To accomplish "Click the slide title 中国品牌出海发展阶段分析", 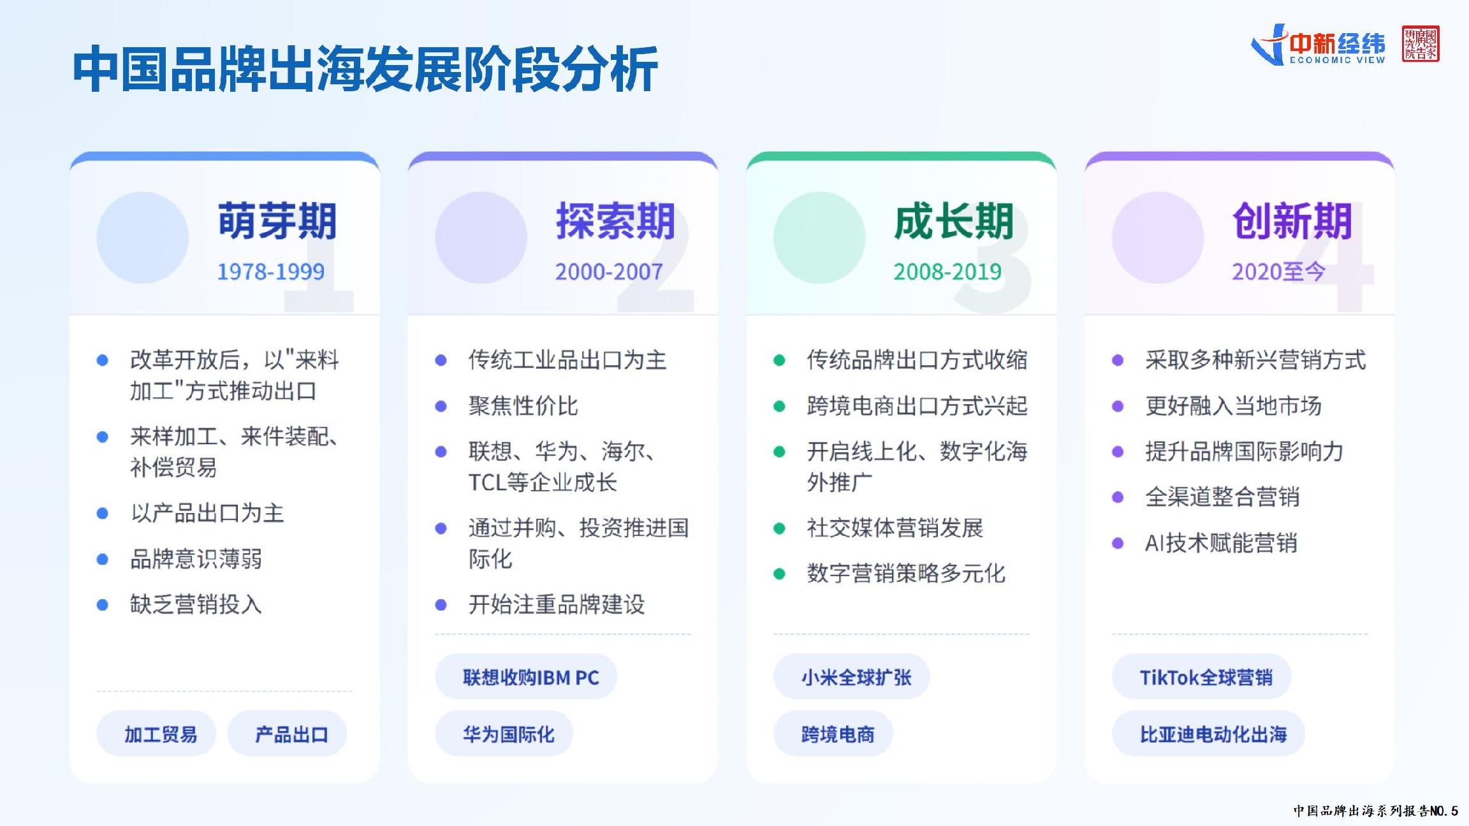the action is point(365,69).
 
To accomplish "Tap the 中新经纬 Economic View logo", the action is point(1318,45).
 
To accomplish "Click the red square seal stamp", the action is point(1421,44).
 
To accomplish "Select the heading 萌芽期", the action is point(277,221).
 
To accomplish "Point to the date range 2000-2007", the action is point(609,272).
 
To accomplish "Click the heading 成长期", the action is point(954,221).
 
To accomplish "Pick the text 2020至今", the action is point(1278,272).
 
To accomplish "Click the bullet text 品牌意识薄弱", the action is point(196,559).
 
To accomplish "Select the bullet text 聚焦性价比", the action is point(523,406).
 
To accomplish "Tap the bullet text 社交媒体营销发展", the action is point(895,528).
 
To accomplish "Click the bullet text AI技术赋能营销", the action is point(1221,543).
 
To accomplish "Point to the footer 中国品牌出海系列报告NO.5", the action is point(1375,811).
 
